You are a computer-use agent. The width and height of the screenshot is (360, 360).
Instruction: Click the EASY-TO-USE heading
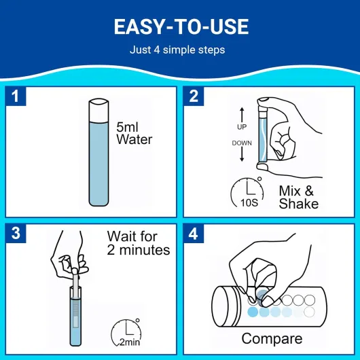click(x=181, y=26)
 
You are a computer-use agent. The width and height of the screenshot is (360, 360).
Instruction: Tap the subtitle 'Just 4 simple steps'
click(x=177, y=50)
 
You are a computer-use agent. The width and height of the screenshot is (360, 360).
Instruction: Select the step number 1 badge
click(x=16, y=96)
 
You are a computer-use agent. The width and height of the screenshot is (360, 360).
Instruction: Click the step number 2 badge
click(x=194, y=96)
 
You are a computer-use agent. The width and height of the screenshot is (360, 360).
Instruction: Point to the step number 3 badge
click(x=16, y=233)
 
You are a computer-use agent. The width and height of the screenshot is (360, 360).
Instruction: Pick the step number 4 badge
click(x=194, y=234)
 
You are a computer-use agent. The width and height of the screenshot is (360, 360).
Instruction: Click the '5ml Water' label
click(x=134, y=133)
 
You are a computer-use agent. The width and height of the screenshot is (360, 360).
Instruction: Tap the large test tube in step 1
click(x=98, y=152)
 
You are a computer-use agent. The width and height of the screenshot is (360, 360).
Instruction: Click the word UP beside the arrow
click(x=242, y=127)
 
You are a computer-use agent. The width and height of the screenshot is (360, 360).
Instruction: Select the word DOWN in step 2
click(x=242, y=143)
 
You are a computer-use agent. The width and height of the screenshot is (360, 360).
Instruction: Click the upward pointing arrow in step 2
click(x=242, y=115)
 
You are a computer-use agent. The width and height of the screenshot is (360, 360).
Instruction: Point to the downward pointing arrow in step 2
click(x=242, y=154)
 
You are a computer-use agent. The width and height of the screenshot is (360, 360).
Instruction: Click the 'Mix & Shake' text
click(x=298, y=197)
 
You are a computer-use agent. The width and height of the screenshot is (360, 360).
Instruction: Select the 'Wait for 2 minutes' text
click(x=139, y=243)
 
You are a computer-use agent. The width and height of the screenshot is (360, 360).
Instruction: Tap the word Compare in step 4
click(x=272, y=338)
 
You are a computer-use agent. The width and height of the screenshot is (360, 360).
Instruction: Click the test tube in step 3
click(x=75, y=316)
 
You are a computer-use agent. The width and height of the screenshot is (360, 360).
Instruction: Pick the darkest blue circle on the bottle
click(x=253, y=312)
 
